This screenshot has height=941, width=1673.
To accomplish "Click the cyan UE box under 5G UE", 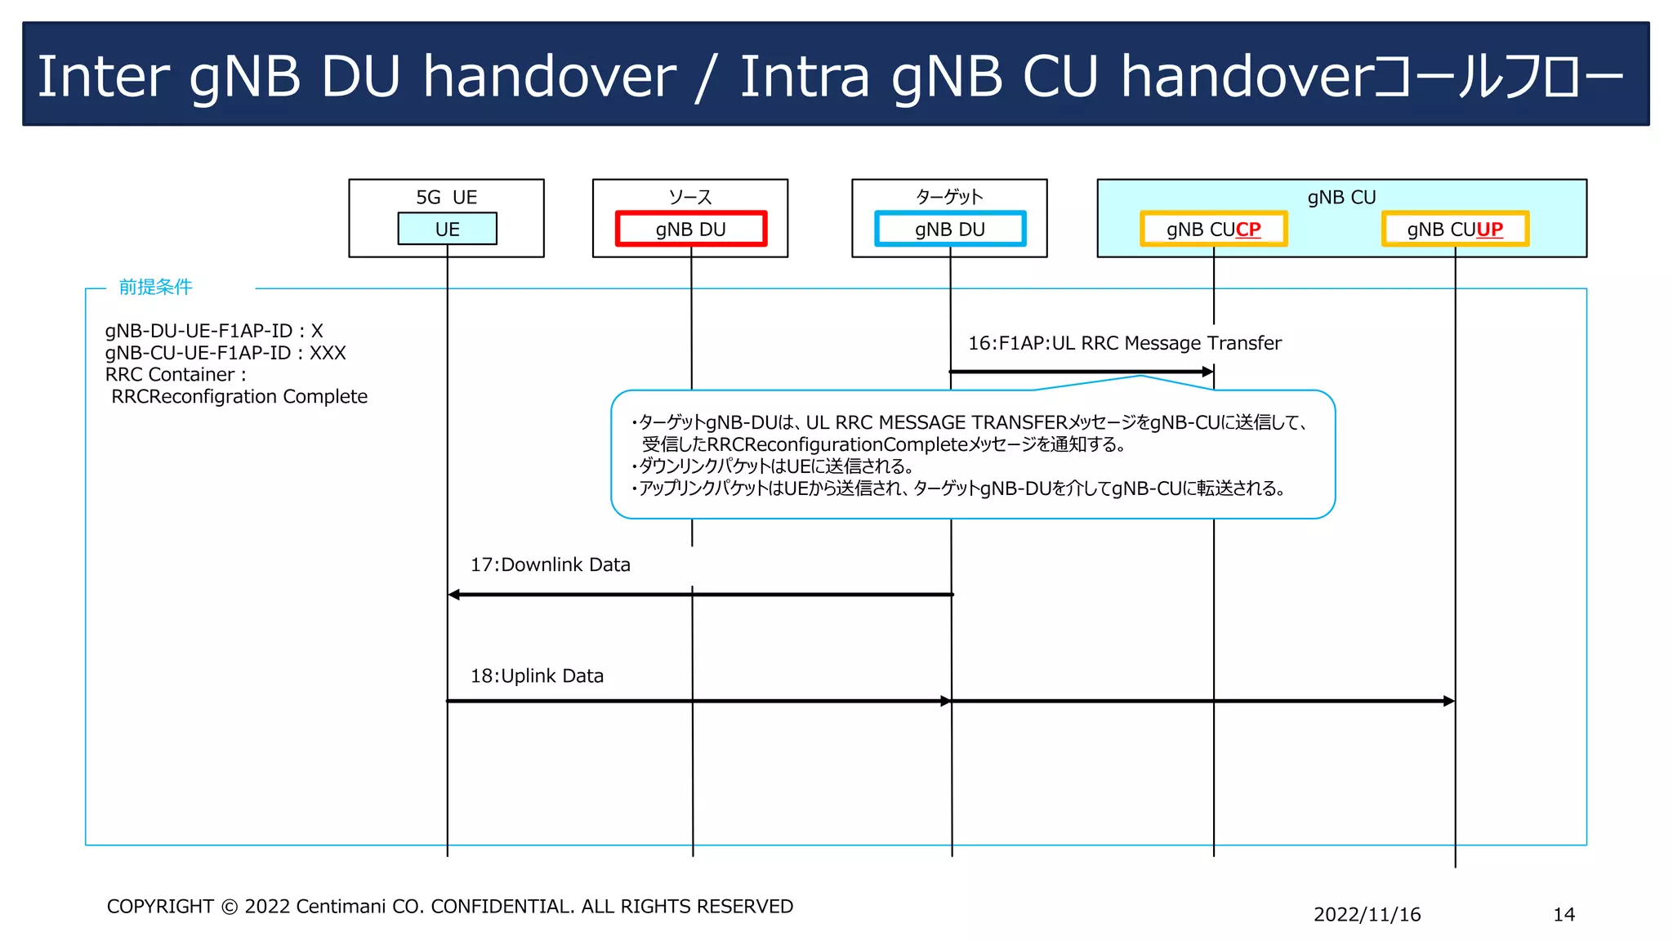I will [447, 229].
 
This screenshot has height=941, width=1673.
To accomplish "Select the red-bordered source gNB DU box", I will [690, 229].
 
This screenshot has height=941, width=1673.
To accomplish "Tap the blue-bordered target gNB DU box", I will [949, 229].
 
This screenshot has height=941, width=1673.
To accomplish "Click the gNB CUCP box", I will [1213, 229].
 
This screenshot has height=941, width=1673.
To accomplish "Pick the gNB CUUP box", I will [1454, 229].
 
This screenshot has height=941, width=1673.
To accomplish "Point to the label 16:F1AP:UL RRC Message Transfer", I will [1124, 343].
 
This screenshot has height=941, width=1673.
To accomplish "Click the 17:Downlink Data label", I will [550, 564].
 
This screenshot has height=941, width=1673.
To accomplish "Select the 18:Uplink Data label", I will [537, 676].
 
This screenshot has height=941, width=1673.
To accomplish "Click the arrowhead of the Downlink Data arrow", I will [454, 595].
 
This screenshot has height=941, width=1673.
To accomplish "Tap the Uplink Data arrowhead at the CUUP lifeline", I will [1449, 701].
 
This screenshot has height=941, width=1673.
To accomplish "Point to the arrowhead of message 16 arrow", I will [1208, 372].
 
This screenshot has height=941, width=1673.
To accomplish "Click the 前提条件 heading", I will [155, 287].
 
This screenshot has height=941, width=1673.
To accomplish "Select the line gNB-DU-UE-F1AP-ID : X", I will [214, 331].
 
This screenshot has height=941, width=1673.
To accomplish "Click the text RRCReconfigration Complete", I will [239, 396].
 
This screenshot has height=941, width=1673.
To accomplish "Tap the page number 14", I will [1564, 914].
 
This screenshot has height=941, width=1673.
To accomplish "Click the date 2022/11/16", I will [1367, 914].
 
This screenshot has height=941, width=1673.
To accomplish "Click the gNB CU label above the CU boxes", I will [1341, 197].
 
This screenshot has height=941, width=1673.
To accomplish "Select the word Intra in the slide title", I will [804, 76].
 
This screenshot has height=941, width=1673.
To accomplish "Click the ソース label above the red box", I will [690, 197].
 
